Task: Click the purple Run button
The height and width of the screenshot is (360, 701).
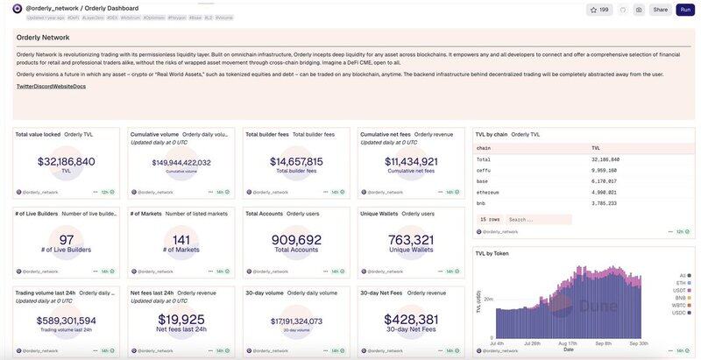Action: click(x=685, y=10)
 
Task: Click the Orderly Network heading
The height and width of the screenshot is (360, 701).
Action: click(x=43, y=38)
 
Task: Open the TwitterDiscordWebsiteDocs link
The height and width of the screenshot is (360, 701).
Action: click(x=51, y=86)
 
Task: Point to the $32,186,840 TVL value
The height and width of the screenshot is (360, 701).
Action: click(x=67, y=161)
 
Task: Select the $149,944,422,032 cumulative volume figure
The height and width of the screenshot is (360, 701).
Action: click(x=181, y=162)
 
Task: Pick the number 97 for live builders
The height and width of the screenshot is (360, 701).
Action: click(x=67, y=240)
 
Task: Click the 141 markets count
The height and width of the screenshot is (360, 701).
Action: click(x=181, y=240)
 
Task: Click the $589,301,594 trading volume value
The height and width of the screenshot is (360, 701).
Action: click(x=67, y=321)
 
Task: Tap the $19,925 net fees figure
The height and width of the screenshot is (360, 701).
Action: click(x=181, y=320)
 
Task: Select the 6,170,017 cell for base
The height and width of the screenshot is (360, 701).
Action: click(x=605, y=181)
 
